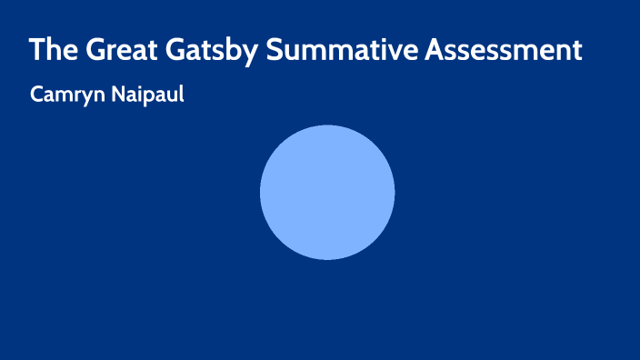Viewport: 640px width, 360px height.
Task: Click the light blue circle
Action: (327, 192)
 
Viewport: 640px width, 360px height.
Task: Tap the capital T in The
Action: (35, 50)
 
